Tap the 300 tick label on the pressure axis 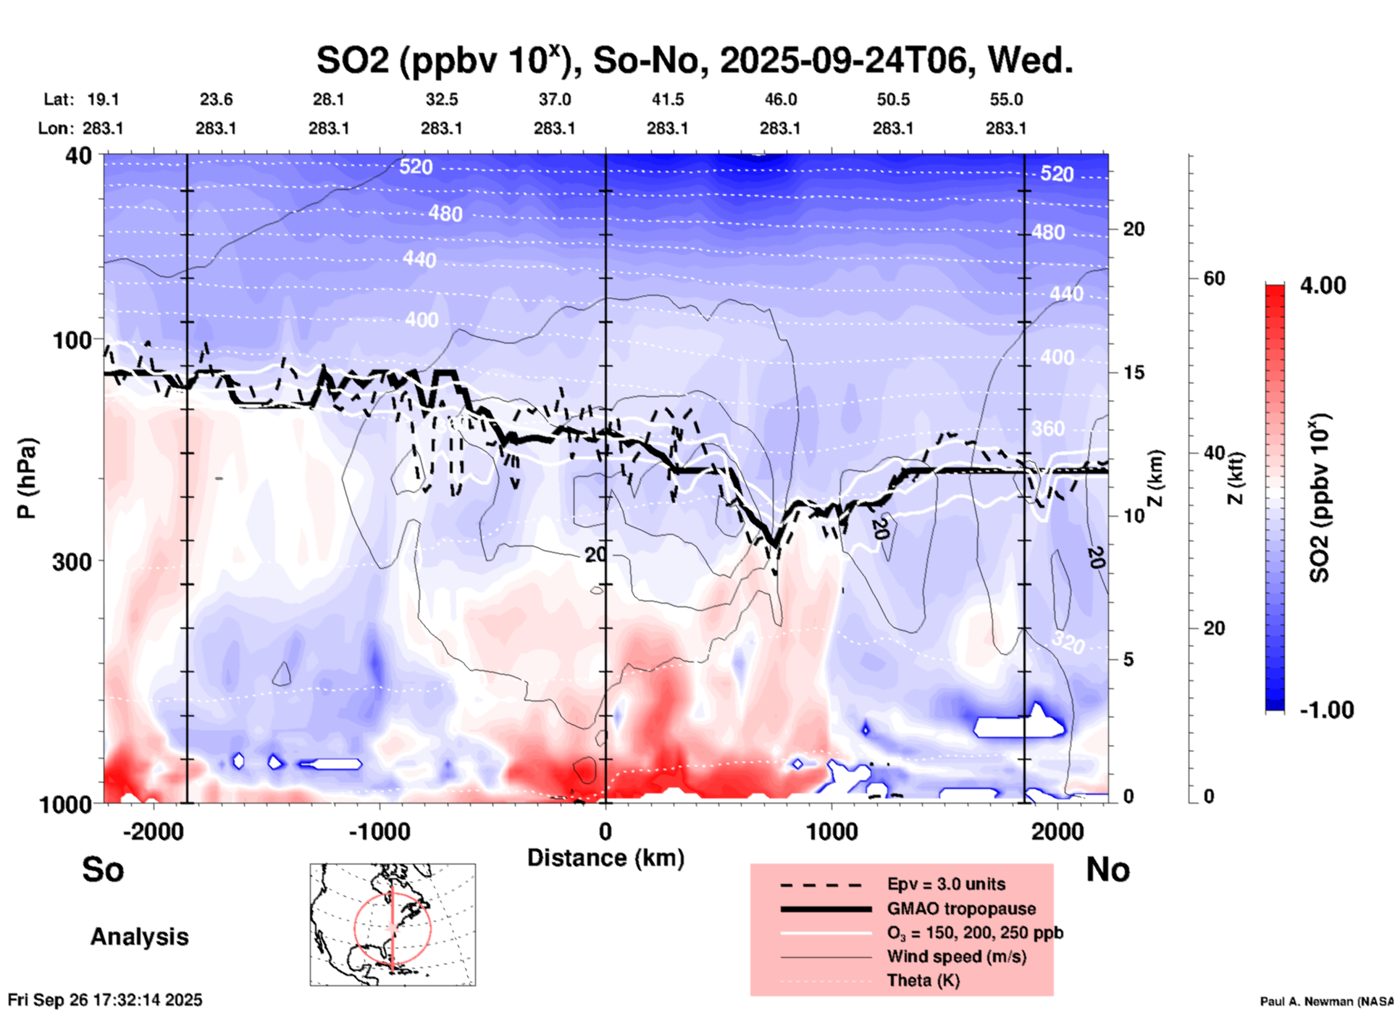pyautogui.click(x=72, y=561)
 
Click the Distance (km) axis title pyautogui.click(x=606, y=858)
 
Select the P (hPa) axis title pyautogui.click(x=27, y=478)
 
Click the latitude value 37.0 pyautogui.click(x=554, y=99)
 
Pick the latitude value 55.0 pyautogui.click(x=1006, y=99)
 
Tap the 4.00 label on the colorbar pyautogui.click(x=1323, y=285)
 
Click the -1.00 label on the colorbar pyautogui.click(x=1326, y=709)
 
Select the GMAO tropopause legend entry pyautogui.click(x=961, y=909)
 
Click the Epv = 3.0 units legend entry pyautogui.click(x=945, y=884)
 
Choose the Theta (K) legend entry pyautogui.click(x=923, y=980)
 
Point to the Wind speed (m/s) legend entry pyautogui.click(x=956, y=956)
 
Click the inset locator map pyautogui.click(x=393, y=924)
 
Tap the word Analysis pyautogui.click(x=139, y=936)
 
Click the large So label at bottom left pyautogui.click(x=103, y=869)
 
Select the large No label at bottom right pyautogui.click(x=1107, y=869)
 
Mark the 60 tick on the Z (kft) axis pyautogui.click(x=1214, y=278)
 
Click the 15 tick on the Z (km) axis pyautogui.click(x=1134, y=372)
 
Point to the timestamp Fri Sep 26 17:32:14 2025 pyautogui.click(x=106, y=1000)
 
